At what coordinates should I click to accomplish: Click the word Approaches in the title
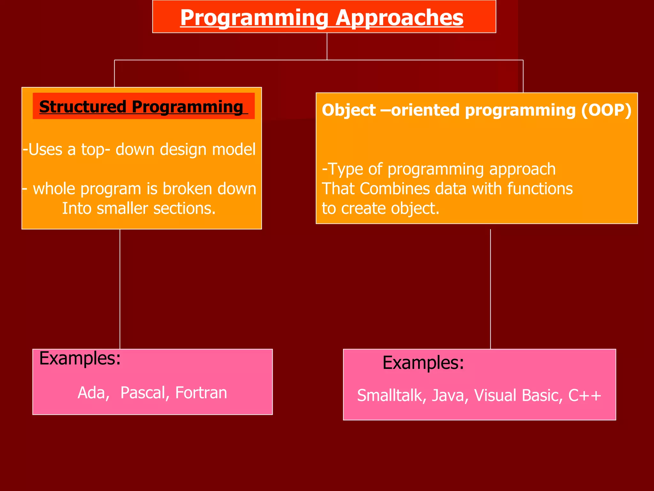click(399, 18)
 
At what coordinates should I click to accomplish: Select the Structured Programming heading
click(141, 106)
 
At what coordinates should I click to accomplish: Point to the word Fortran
click(201, 393)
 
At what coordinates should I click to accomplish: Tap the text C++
click(585, 395)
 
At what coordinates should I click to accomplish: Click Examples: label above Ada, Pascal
click(80, 358)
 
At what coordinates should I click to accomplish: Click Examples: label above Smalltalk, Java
click(423, 363)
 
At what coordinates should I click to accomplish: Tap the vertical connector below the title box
click(327, 46)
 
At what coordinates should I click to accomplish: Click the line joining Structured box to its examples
click(120, 288)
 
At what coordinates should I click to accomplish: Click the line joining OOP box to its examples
click(490, 288)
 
